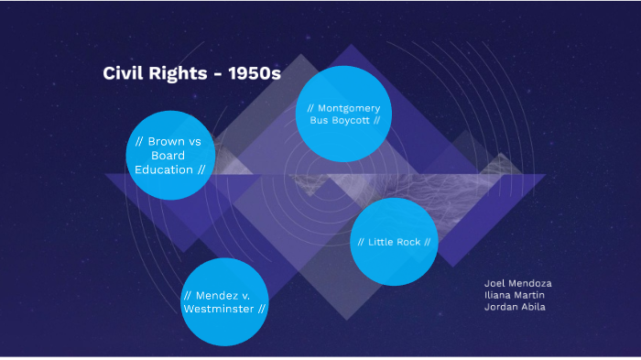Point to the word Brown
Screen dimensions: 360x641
click(x=168, y=142)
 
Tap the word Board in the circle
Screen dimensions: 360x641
click(x=168, y=156)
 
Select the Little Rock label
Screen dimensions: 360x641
click(x=394, y=242)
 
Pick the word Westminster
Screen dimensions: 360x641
click(x=219, y=309)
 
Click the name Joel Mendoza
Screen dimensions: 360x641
click(x=517, y=283)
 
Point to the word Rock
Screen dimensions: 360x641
click(x=408, y=242)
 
